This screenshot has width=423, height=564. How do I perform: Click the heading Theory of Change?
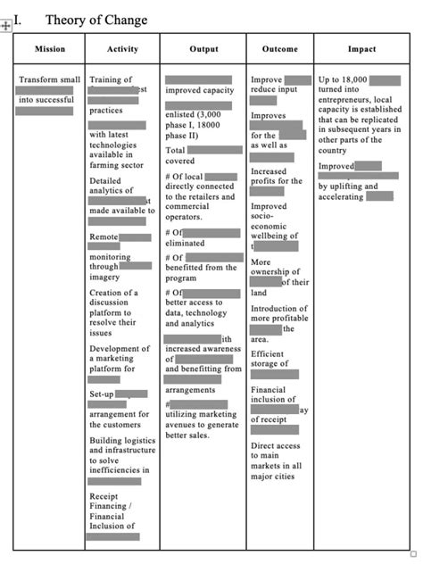click(x=96, y=20)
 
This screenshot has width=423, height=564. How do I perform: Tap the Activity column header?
click(x=122, y=49)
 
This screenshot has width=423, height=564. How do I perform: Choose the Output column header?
click(x=203, y=49)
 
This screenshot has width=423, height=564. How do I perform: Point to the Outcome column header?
click(x=280, y=49)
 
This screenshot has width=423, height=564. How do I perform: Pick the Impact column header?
click(x=361, y=49)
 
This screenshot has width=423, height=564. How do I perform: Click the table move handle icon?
click(x=6, y=26)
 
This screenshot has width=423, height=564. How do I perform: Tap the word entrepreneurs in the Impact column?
click(x=350, y=100)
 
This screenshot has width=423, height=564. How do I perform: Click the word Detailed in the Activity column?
click(x=105, y=181)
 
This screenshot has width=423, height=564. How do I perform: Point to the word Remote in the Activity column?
click(x=104, y=236)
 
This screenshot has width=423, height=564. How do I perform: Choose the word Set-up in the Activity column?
click(x=102, y=394)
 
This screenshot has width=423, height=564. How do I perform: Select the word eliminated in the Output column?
click(x=185, y=243)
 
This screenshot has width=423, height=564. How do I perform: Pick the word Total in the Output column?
click(x=176, y=151)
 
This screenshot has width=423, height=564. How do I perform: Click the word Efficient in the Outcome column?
click(x=268, y=354)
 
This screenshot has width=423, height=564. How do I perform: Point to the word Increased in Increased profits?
click(x=270, y=171)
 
